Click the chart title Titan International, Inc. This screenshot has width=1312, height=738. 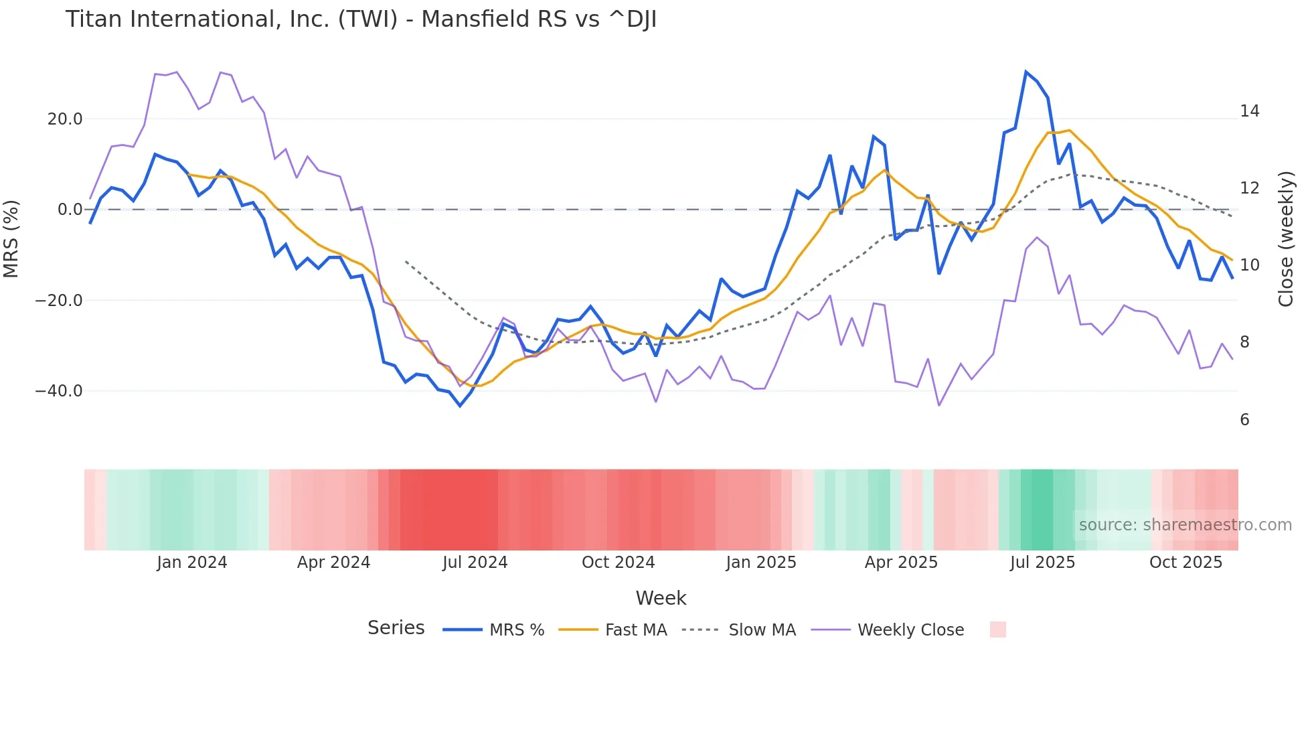click(361, 19)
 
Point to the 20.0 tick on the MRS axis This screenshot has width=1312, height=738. click(65, 119)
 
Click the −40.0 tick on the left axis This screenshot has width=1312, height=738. click(59, 390)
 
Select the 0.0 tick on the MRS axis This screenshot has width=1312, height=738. click(70, 210)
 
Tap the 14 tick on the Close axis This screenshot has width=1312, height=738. click(1249, 111)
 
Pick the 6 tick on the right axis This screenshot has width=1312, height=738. click(1244, 420)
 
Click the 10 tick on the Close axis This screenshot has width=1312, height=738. click(1249, 265)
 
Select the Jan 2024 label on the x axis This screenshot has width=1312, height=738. click(192, 563)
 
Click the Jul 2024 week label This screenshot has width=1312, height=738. click(475, 563)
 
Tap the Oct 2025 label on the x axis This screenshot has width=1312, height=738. click(1185, 563)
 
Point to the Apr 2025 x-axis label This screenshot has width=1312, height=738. click(901, 563)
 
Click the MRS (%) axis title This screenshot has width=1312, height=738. click(11, 238)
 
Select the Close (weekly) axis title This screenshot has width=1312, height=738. click(1286, 238)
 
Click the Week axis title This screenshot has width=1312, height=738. click(661, 598)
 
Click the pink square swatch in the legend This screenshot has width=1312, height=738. click(997, 630)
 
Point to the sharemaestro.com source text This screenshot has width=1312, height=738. click(1185, 525)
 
